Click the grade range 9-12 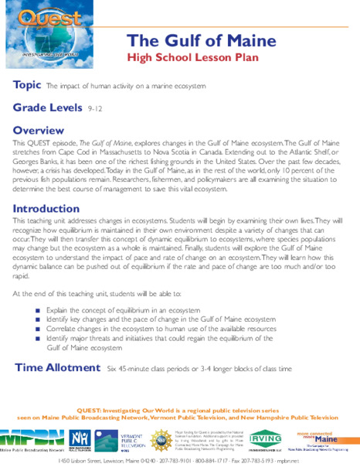[96, 111]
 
